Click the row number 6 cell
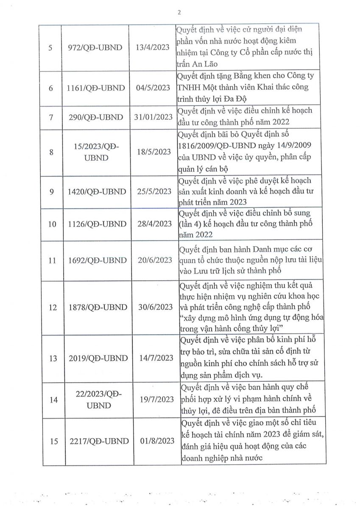point(51,88)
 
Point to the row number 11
point(52,260)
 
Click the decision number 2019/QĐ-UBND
point(98,358)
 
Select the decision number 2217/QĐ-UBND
point(98,441)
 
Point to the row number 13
point(52,358)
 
